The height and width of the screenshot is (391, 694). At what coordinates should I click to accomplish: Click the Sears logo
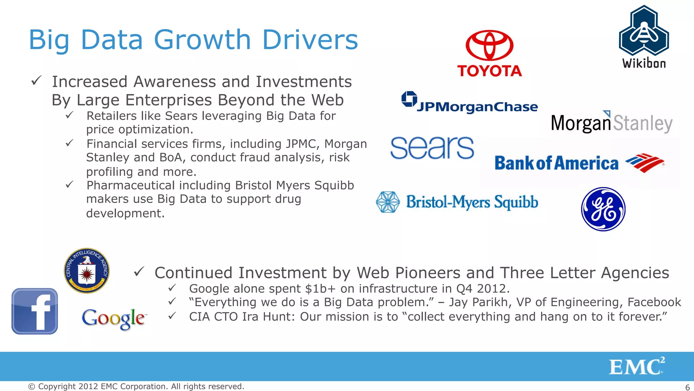tap(432, 148)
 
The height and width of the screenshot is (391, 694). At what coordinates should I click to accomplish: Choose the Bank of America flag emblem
tap(644, 163)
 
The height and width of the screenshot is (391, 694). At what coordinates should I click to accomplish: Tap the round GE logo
tap(603, 209)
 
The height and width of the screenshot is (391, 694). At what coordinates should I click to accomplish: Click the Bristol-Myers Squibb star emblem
tap(388, 202)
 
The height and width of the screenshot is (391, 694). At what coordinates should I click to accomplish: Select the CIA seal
tap(87, 271)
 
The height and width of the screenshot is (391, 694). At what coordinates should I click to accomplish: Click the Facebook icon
tap(35, 311)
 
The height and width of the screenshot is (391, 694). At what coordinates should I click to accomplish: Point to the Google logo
tap(114, 318)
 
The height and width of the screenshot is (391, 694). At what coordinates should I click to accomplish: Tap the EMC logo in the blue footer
tap(636, 367)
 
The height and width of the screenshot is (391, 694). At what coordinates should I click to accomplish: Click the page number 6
tap(687, 387)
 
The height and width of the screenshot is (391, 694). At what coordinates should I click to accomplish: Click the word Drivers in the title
tap(310, 40)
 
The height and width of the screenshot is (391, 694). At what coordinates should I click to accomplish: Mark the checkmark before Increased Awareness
tap(36, 81)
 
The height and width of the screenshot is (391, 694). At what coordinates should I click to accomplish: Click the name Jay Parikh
tap(479, 302)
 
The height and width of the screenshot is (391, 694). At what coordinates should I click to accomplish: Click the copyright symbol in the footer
tap(32, 387)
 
